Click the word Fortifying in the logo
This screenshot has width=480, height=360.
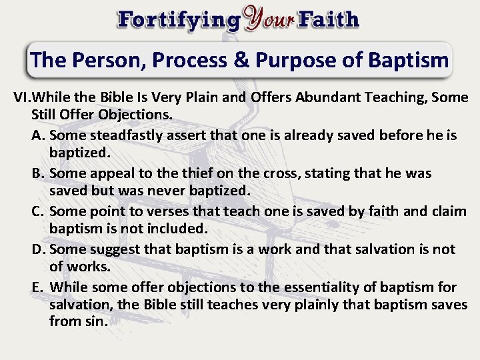[178, 19]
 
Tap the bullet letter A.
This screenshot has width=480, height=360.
[38, 136]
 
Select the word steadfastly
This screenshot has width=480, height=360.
[134, 136]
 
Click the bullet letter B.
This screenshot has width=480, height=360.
[38, 174]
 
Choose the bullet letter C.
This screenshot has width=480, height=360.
[38, 211]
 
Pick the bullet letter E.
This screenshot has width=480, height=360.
[38, 287]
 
